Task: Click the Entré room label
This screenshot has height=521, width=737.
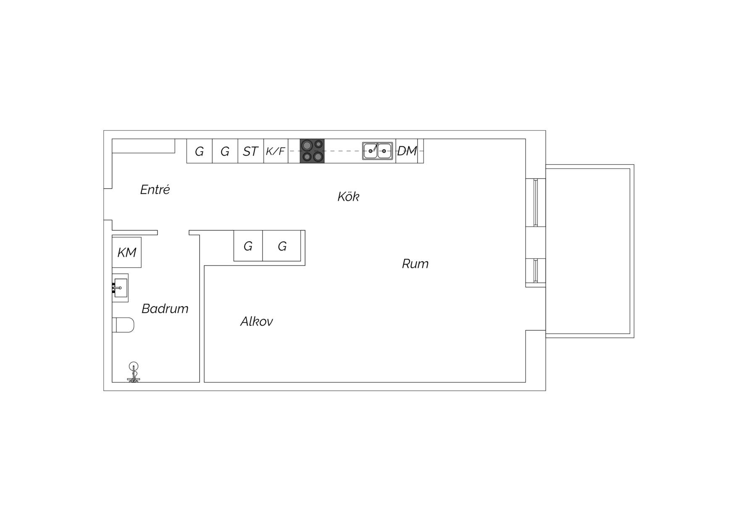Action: click(x=155, y=190)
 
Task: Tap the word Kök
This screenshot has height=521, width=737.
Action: click(x=348, y=197)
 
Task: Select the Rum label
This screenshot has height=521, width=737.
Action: click(x=415, y=264)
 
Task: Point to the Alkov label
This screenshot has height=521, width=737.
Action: click(x=257, y=321)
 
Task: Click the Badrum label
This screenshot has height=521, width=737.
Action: click(x=165, y=309)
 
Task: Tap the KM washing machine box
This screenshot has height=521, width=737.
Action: click(x=126, y=253)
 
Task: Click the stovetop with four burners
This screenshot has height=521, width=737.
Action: click(x=312, y=151)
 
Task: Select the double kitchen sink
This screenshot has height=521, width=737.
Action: click(x=378, y=151)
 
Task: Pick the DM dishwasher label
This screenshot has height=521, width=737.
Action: click(x=407, y=151)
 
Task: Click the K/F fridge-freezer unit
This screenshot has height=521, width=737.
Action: click(x=276, y=151)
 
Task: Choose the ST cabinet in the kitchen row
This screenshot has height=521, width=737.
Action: click(x=251, y=151)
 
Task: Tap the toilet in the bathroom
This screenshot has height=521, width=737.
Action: click(x=123, y=325)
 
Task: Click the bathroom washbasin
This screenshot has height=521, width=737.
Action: click(x=120, y=288)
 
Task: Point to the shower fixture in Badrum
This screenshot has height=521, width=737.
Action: click(x=134, y=372)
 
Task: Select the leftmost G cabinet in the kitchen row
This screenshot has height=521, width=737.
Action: click(x=200, y=151)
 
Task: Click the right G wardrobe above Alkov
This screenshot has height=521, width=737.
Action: click(x=282, y=246)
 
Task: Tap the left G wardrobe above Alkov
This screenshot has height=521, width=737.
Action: click(x=248, y=246)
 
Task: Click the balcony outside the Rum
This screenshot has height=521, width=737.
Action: click(x=590, y=251)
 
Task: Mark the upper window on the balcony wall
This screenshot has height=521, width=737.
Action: click(x=536, y=203)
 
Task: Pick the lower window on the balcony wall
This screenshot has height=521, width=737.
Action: click(x=536, y=270)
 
